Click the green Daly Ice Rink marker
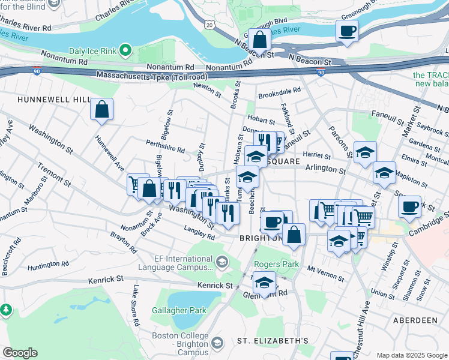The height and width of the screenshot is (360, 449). click(x=125, y=49)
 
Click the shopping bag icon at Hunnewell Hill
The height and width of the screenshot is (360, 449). click(x=101, y=109)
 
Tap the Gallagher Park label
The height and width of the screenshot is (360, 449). click(x=179, y=310)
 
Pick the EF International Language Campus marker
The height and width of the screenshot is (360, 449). click(x=222, y=262)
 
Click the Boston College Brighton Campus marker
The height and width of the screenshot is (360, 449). click(x=218, y=343)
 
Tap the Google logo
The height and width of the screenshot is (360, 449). click(x=20, y=353)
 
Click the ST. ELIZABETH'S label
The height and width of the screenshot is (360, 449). click(x=273, y=341)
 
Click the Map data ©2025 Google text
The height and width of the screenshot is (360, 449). click(x=411, y=355)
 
